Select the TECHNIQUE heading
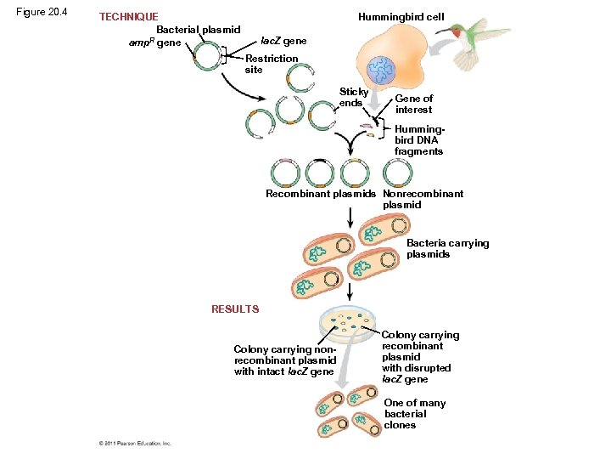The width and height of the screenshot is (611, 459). click(128, 17)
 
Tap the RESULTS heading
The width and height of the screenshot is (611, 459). click(235, 309)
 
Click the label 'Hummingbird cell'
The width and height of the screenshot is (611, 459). click(401, 17)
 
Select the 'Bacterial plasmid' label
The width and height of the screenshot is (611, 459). click(199, 30)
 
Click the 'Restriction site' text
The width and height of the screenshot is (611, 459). click(271, 64)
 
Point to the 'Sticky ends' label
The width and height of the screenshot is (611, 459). click(353, 97)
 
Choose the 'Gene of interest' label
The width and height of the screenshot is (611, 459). click(413, 104)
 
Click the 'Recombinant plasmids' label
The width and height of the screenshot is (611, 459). click(321, 194)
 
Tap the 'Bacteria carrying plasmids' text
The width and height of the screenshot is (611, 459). click(447, 248)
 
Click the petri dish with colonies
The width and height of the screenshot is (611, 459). click(348, 322)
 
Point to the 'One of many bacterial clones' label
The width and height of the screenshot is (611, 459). click(414, 414)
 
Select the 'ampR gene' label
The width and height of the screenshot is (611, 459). click(154, 42)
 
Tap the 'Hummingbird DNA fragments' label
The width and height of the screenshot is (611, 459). click(418, 140)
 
